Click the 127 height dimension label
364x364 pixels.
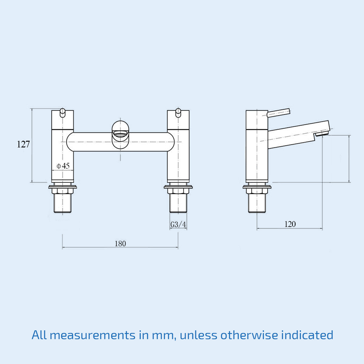(x=23, y=144)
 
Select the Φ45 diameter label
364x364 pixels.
(x=63, y=166)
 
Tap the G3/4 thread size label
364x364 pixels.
(x=178, y=224)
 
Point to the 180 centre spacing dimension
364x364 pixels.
(x=120, y=244)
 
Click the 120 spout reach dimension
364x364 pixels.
(x=290, y=224)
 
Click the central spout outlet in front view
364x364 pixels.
(x=120, y=134)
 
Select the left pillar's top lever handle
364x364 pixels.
(x=62, y=112)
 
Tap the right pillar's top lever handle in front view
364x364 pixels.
(x=178, y=112)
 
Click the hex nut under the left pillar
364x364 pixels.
(x=62, y=191)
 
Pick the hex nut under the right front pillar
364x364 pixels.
(x=178, y=191)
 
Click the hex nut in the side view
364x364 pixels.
(x=257, y=191)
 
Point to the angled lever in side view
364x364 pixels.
(x=278, y=113)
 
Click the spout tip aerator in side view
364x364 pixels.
(x=322, y=133)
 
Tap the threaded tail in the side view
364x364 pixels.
(x=257, y=203)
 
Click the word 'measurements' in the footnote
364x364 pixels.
(x=93, y=335)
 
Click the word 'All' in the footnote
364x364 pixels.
(x=39, y=335)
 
